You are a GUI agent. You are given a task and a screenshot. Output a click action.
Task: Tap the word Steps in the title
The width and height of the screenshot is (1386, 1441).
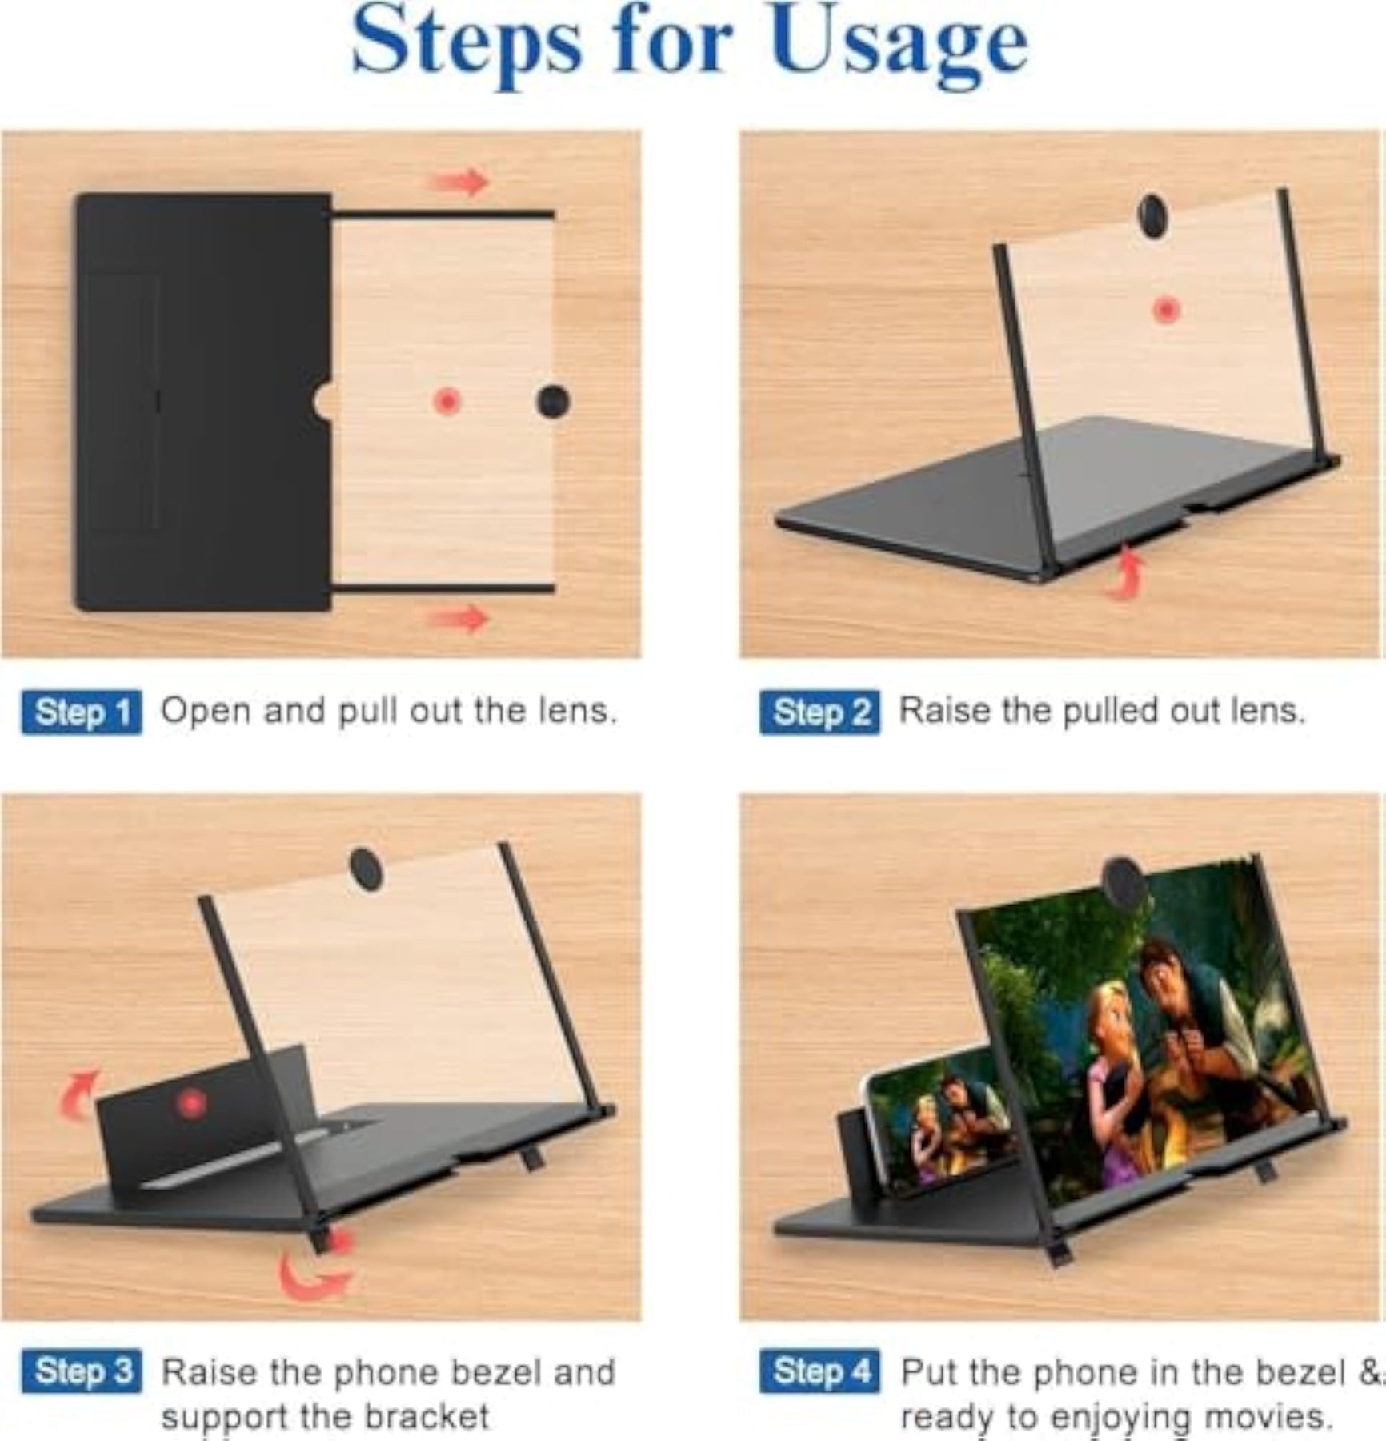coord(466,44)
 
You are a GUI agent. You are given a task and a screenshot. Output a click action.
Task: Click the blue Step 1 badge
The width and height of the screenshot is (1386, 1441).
coord(82,712)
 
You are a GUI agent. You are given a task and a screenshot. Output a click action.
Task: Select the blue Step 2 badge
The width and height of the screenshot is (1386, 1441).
coord(819,712)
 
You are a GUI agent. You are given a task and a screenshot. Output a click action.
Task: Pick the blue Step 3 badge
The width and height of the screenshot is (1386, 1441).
coord(82,1371)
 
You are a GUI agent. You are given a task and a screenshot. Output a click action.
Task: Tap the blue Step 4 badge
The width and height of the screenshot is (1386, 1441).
coord(819,1371)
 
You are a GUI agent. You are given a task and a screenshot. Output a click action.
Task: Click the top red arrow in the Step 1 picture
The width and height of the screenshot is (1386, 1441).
coord(459,183)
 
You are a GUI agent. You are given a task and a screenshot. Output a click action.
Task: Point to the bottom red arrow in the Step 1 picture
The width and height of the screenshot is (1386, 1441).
coord(459,619)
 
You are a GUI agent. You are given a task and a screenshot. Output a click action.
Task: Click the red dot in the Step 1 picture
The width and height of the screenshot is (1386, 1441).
coord(447,401)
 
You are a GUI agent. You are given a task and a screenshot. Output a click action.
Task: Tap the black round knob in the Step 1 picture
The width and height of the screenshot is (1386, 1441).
coord(553,401)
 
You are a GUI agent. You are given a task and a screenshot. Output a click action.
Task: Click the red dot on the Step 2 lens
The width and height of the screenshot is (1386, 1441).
coord(1167,310)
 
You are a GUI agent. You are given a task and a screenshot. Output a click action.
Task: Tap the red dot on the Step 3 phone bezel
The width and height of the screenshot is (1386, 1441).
coord(192,1104)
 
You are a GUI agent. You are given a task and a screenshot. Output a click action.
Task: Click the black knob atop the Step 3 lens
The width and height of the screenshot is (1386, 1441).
coord(366,869)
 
